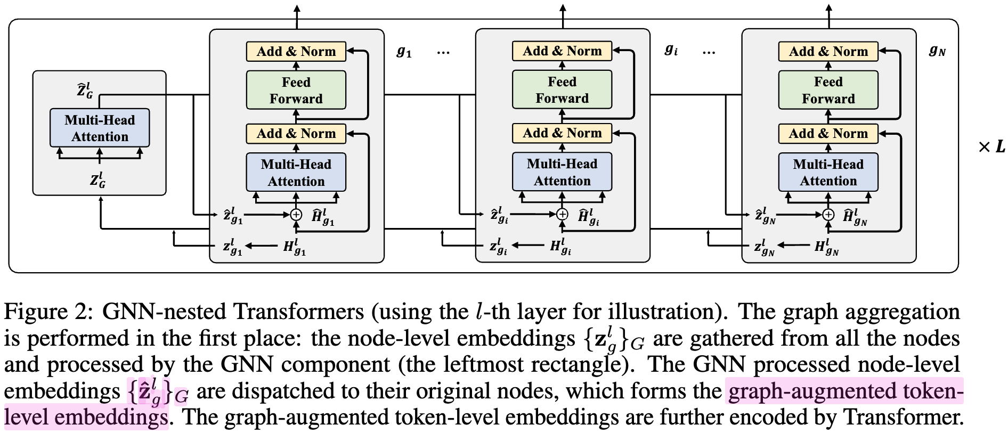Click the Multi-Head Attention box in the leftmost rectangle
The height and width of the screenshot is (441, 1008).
tap(100, 128)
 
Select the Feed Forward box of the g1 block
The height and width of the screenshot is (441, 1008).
tap(296, 90)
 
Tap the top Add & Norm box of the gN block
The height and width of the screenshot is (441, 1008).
tap(828, 51)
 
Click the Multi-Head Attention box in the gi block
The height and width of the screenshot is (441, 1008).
tap(562, 172)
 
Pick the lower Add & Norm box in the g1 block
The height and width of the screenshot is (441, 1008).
tap(296, 133)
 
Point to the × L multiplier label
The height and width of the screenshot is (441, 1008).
tap(991, 146)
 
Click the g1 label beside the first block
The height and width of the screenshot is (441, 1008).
tap(404, 52)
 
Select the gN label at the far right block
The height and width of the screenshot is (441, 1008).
tap(937, 51)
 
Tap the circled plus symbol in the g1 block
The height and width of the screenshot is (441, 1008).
tap(296, 215)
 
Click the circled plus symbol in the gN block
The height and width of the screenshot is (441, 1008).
tap(828, 215)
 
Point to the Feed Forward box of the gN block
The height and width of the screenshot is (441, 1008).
tap(828, 90)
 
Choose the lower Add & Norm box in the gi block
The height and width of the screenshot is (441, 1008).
tap(562, 133)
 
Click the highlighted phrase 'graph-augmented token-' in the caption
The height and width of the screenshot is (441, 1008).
tap(844, 391)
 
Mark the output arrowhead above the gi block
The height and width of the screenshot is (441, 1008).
tap(563, 7)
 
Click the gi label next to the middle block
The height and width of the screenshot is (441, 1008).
tap(671, 50)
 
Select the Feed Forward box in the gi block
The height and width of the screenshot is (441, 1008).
tap(562, 90)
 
